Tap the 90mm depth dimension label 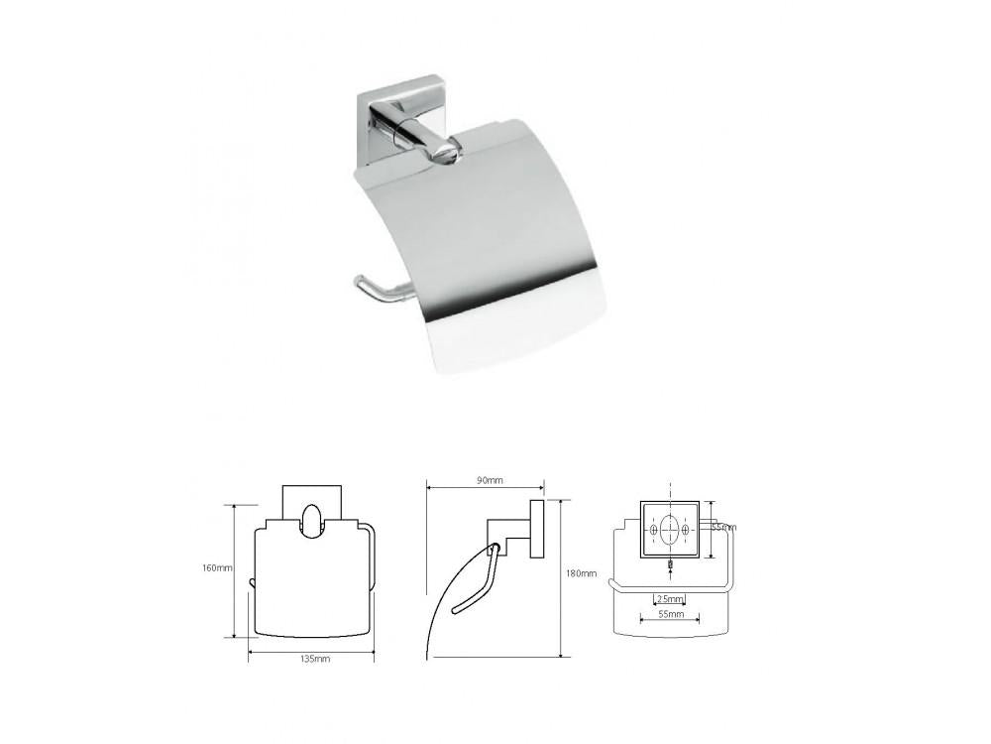coord(490,480)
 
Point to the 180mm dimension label coord(583,573)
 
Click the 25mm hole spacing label coord(670,599)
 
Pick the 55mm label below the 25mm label coord(670,616)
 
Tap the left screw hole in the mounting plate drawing coord(654,533)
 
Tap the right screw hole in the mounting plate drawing coord(689,533)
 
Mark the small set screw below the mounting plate coord(671,566)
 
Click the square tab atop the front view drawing coord(312,500)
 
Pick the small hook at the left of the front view coord(252,581)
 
